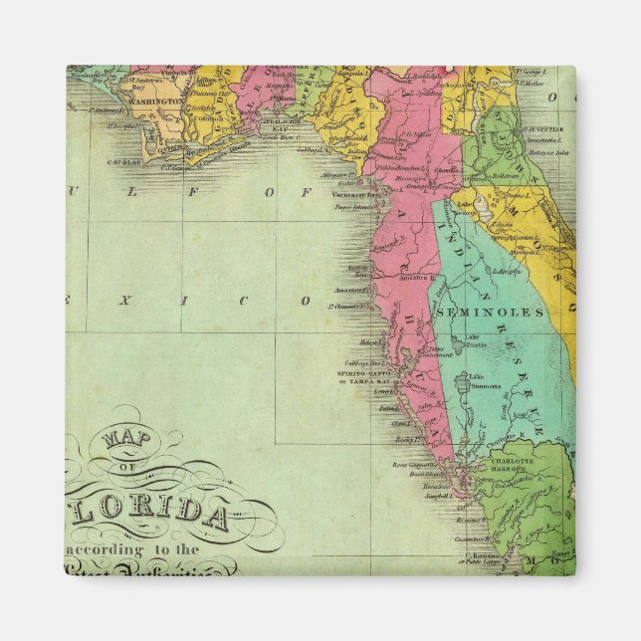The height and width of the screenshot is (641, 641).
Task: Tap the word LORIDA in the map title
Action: pyautogui.click(x=163, y=510)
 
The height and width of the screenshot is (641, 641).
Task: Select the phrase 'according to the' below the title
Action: pyautogui.click(x=132, y=549)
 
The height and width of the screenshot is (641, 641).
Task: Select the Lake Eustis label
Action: pyautogui.click(x=477, y=338)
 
